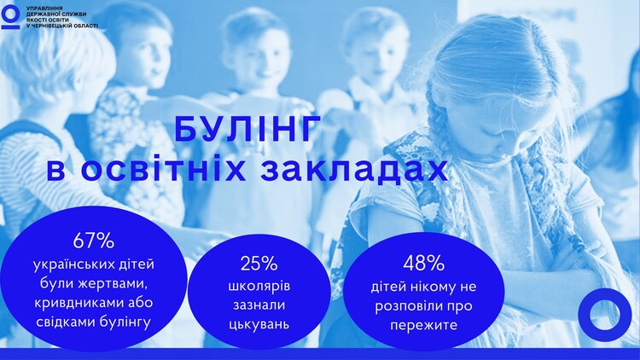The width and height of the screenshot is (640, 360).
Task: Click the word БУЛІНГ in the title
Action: pos(246,130)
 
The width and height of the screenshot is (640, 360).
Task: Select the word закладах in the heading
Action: pos(354,171)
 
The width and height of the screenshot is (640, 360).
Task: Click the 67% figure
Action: pos(94,241)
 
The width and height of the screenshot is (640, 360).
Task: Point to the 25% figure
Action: pos(259,264)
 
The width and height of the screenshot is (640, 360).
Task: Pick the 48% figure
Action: pos(423,264)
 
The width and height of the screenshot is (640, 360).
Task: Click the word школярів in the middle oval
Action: pos(259,286)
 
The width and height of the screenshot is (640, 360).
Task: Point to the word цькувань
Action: pos(259,324)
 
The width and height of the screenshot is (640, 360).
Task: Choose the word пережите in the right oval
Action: pos(423,326)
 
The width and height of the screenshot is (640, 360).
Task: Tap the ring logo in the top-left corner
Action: pos(10,16)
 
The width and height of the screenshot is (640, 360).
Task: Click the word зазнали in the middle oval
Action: pos(259,305)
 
